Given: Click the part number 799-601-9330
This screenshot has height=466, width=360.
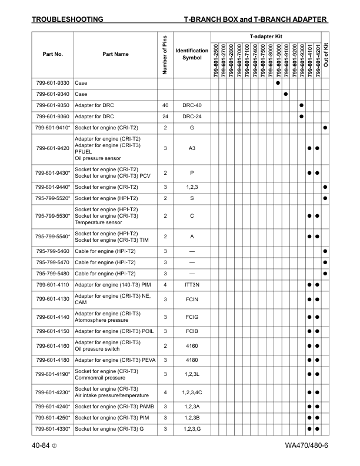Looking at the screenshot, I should pyautogui.click(x=53, y=83).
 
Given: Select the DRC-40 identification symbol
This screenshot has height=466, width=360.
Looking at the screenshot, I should pyautogui.click(x=192, y=105).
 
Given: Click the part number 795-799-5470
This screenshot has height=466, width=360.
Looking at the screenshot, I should pyautogui.click(x=53, y=262).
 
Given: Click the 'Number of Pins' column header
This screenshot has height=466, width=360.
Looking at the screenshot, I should pyautogui.click(x=164, y=55).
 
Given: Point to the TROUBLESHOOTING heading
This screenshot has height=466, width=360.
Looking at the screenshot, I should pyautogui.click(x=67, y=19).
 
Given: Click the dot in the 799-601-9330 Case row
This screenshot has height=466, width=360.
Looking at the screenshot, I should pyautogui.click(x=277, y=83).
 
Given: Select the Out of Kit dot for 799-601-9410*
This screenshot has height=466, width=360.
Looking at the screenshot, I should pyautogui.click(x=325, y=128).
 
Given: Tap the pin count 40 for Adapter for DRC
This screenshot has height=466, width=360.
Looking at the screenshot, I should pyautogui.click(x=165, y=105).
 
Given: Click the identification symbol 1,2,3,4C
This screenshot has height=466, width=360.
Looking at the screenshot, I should pyautogui.click(x=192, y=392).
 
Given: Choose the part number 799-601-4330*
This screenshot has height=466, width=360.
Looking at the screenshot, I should pyautogui.click(x=53, y=428).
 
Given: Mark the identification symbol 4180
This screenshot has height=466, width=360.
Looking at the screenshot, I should pyautogui.click(x=192, y=360).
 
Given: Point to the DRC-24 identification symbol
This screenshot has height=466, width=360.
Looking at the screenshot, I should pyautogui.click(x=192, y=116).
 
